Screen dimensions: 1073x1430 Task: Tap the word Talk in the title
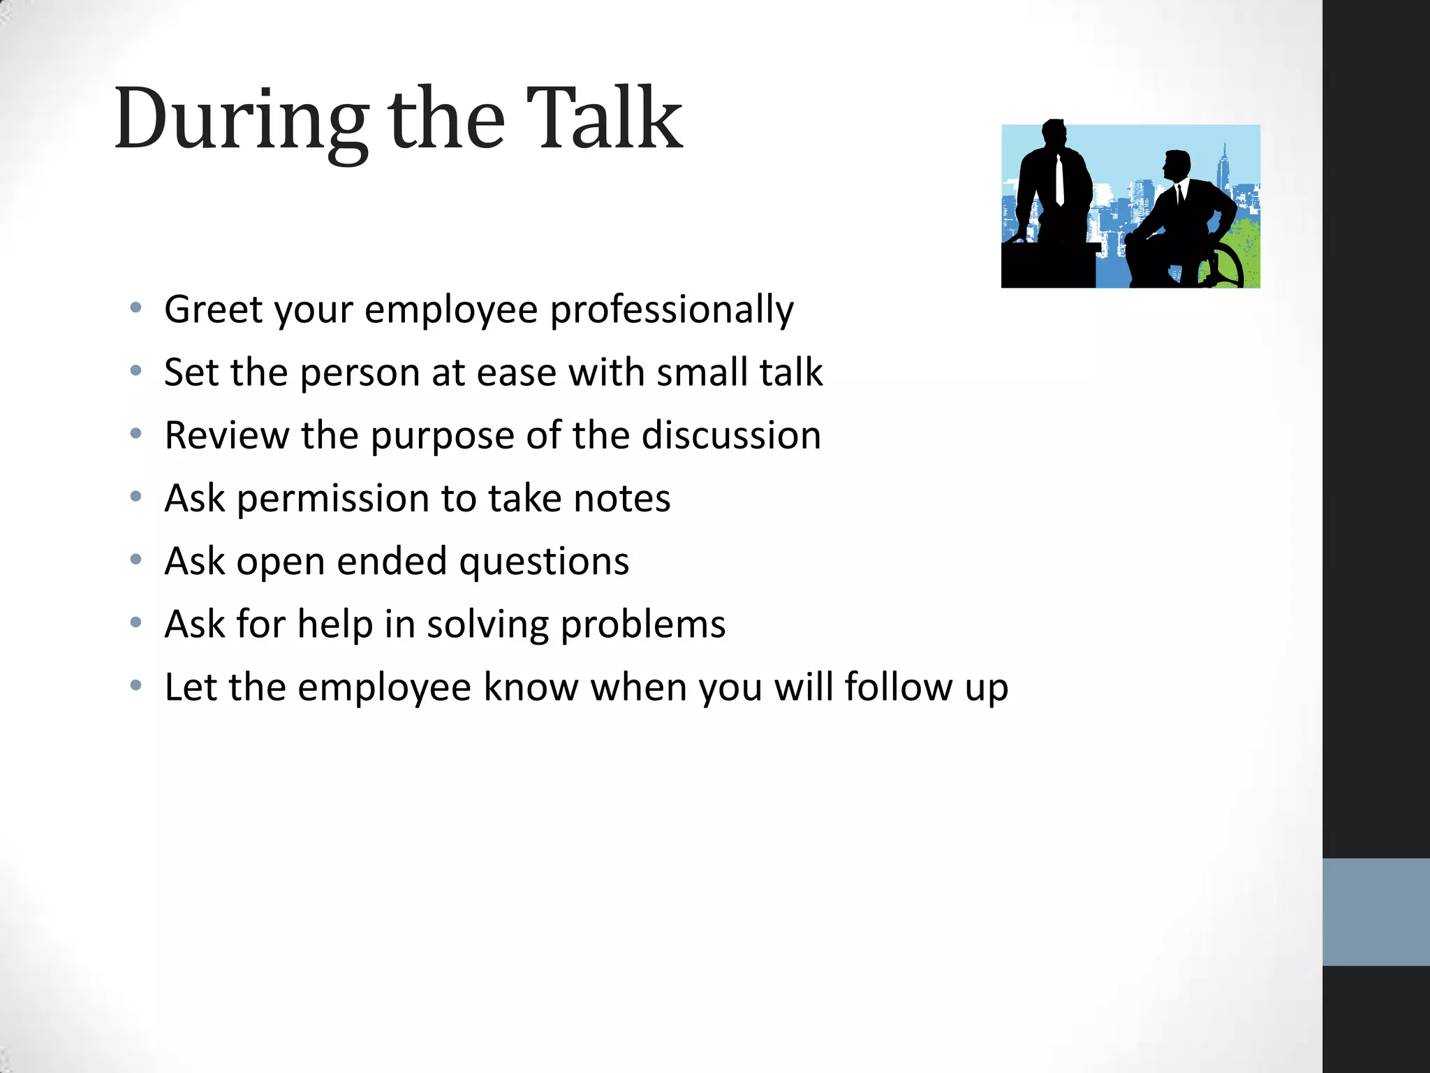[x=604, y=119]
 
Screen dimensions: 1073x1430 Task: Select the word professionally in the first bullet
[x=672, y=311]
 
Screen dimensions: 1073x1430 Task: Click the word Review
[x=226, y=435]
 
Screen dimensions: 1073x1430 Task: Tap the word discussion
[x=731, y=435]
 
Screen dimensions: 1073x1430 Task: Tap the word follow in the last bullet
[x=898, y=687]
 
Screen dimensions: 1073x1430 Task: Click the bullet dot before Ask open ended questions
[x=136, y=560]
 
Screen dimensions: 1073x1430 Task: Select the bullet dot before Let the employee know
[x=136, y=685]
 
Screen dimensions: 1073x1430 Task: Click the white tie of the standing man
[x=1060, y=180]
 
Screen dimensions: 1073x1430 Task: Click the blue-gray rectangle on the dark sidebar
[x=1376, y=912]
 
